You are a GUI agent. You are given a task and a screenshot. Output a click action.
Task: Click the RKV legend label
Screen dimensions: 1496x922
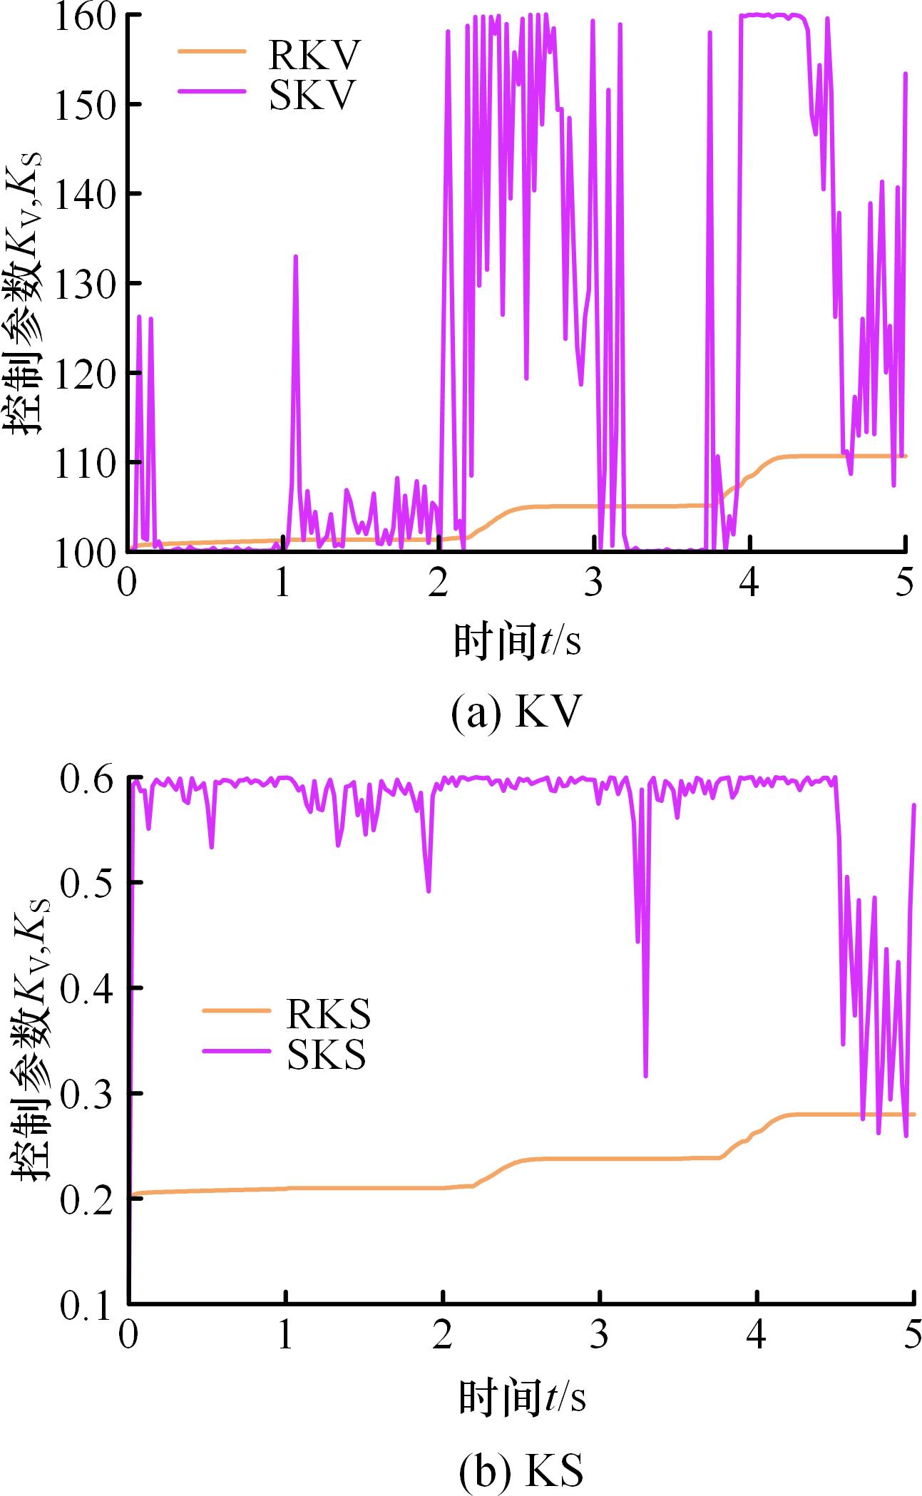pos(312,56)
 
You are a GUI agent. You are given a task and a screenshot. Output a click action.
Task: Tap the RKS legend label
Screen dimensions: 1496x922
pos(328,1014)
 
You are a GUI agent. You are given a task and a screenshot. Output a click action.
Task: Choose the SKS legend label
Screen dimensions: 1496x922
pos(327,1055)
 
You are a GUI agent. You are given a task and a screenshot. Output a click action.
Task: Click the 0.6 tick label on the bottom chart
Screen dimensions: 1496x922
pos(88,779)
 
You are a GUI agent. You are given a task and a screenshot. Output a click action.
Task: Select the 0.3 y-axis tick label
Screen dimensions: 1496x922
pos(88,1095)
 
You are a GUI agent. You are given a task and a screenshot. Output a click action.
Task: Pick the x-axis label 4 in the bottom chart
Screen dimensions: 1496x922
pos(757,1336)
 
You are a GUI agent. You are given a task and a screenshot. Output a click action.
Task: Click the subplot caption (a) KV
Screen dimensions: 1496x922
pos(516,713)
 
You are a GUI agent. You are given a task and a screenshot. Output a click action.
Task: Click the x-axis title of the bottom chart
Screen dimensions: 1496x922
pos(521,1396)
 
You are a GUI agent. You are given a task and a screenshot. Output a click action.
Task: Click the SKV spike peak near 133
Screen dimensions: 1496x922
pos(295,256)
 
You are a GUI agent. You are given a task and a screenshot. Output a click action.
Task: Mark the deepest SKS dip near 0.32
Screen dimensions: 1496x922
pos(645,1076)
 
